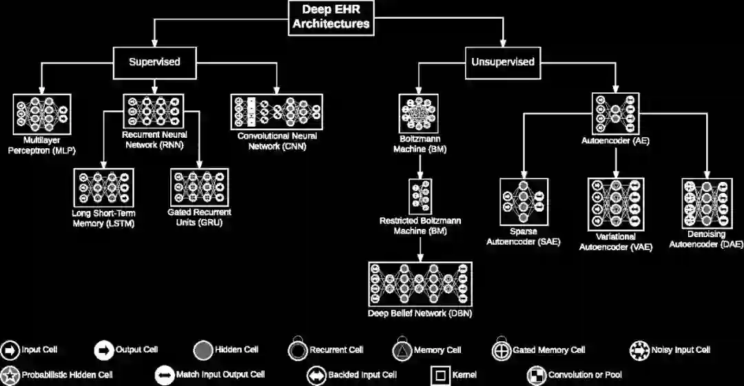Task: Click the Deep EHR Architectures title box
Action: click(x=331, y=17)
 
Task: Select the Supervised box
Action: click(x=154, y=62)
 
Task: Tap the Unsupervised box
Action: click(x=502, y=62)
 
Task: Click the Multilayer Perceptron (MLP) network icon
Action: click(x=42, y=110)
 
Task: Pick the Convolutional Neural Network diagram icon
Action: click(x=277, y=110)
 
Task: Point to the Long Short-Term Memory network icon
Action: click(x=103, y=187)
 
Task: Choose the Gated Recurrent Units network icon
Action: click(x=200, y=187)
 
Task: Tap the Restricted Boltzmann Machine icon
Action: click(x=420, y=196)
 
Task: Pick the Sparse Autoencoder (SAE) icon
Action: click(x=524, y=203)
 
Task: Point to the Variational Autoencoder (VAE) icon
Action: click(x=616, y=205)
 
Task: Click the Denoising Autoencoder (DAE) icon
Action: click(x=705, y=203)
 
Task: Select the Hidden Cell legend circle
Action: click(x=203, y=350)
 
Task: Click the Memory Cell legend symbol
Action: click(x=402, y=350)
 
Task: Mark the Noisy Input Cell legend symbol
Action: click(x=639, y=350)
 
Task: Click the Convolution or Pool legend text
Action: click(x=585, y=376)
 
